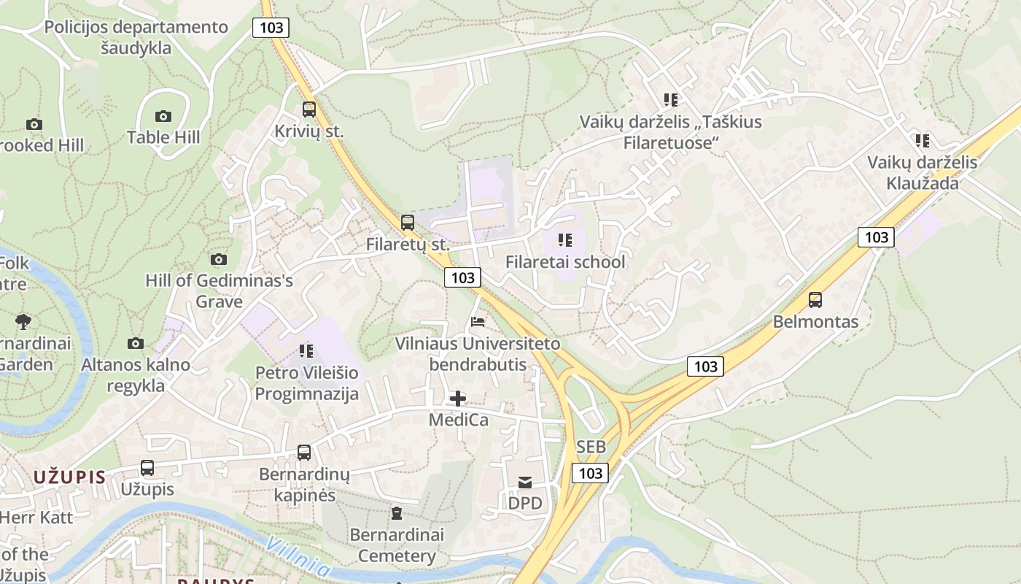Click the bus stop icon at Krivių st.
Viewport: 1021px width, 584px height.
tap(309, 109)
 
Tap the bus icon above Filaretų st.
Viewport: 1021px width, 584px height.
tap(408, 223)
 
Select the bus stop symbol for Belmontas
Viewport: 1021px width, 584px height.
tap(815, 299)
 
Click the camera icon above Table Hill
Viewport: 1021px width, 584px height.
tap(163, 116)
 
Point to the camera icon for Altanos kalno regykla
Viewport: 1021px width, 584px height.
tap(135, 343)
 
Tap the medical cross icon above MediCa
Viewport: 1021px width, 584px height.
tap(458, 399)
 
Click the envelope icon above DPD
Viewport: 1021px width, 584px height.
tap(525, 482)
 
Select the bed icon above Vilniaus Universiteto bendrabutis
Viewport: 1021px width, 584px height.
tap(478, 321)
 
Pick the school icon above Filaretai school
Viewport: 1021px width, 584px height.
tap(565, 239)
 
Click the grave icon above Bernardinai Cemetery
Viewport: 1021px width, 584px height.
tap(397, 513)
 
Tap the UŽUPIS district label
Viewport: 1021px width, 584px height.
tap(69, 477)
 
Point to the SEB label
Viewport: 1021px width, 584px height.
tap(591, 446)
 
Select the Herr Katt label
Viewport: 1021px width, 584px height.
tap(36, 518)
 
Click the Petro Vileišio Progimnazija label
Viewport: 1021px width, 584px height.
tap(307, 384)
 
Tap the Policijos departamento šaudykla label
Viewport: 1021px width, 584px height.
tap(136, 38)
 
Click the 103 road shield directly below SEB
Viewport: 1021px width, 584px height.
tap(590, 473)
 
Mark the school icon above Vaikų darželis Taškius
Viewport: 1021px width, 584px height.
tap(671, 100)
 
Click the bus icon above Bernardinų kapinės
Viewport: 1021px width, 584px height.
tap(304, 453)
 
